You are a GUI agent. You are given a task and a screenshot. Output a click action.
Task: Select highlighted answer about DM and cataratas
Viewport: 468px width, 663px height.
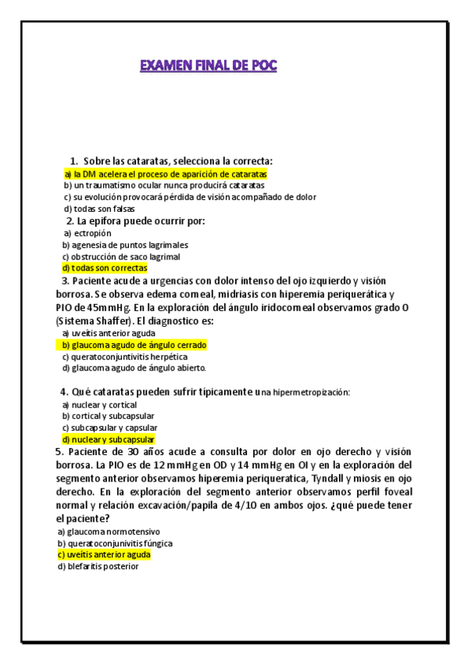click(x=166, y=174)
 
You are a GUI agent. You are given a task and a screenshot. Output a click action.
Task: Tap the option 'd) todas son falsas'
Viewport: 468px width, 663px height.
click(x=99, y=209)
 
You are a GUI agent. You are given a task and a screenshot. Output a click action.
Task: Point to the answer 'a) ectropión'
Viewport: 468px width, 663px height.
click(x=88, y=233)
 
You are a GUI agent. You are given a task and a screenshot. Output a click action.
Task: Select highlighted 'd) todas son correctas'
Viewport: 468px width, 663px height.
click(x=105, y=267)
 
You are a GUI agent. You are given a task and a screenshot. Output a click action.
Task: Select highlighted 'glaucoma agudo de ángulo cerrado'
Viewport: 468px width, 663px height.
click(x=134, y=345)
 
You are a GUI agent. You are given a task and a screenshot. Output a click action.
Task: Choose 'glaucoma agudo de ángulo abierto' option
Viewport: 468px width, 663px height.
click(x=134, y=367)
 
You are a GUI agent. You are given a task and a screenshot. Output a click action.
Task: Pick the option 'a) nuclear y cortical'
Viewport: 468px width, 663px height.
click(x=99, y=405)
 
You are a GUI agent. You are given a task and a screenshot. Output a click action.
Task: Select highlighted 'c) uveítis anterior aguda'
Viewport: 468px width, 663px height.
click(x=103, y=554)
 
